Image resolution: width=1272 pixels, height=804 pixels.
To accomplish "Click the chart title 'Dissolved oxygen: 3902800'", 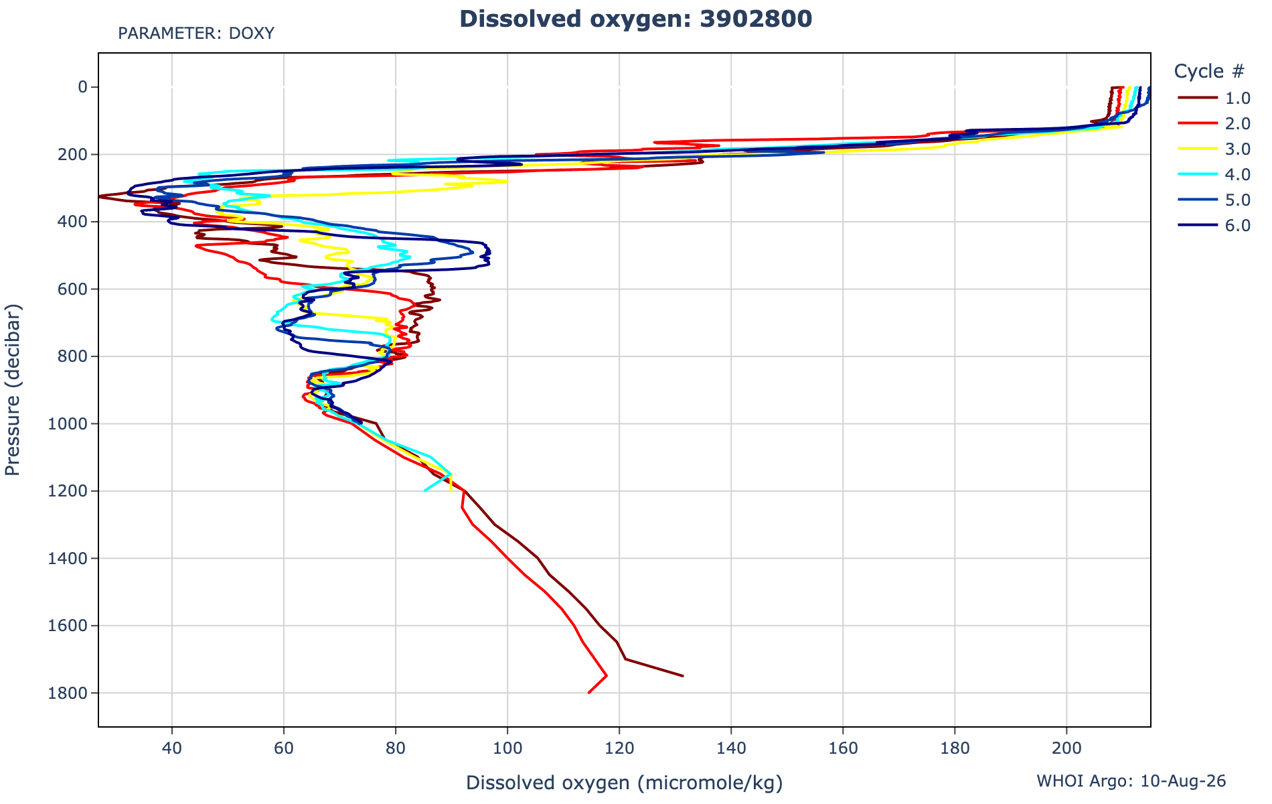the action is (635, 19).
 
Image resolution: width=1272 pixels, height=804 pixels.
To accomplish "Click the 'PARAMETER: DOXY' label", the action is (196, 33).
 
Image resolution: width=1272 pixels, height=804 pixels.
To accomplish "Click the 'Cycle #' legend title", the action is (1209, 71).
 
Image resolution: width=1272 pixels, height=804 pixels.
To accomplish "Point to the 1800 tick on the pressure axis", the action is (72, 693).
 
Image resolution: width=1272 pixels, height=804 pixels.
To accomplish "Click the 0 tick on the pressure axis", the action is (84, 86).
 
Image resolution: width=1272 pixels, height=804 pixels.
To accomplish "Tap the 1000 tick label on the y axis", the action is (72, 423).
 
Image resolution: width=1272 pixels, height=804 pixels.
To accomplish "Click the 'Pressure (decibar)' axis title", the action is (13, 390).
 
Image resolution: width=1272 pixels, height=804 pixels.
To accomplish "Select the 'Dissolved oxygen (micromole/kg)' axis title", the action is (625, 783).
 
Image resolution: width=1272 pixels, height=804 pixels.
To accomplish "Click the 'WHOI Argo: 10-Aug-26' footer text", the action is (1131, 781).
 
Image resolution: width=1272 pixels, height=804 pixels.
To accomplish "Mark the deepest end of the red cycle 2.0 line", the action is (588, 693).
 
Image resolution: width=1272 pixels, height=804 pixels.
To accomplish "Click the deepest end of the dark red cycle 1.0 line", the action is (683, 676).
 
